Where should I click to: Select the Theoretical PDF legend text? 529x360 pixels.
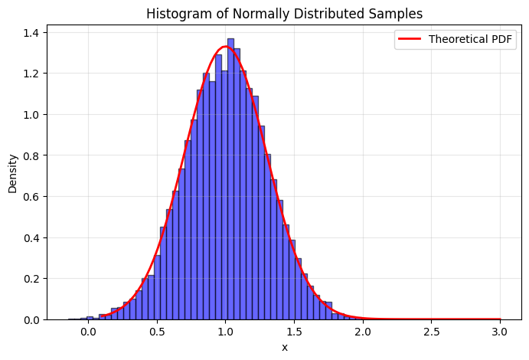coord(471,40)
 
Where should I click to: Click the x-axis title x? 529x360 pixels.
coord(285,347)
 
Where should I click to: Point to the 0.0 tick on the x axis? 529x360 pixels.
coord(88,332)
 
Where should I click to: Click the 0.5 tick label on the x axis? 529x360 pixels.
coord(157,332)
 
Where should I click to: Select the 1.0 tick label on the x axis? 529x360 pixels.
coord(225,332)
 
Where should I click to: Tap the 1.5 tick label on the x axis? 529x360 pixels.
coord(294,332)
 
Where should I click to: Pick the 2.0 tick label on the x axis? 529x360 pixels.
coord(363,332)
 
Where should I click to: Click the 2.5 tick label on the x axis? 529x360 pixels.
coord(431,332)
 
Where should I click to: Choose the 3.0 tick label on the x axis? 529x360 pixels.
coord(500,332)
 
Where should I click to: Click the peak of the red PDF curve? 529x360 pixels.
coord(225,47)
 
